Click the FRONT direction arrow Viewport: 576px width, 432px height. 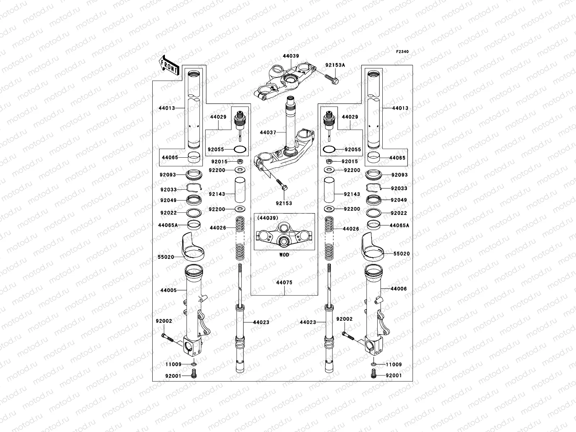tap(170, 65)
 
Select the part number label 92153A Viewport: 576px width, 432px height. tap(335, 65)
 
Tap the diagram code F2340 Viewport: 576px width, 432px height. tap(403, 52)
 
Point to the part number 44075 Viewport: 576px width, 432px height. tap(284, 283)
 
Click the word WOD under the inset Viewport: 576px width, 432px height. tap(284, 255)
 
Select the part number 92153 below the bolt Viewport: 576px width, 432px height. tap(284, 203)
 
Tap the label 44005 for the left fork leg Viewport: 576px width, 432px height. tap(168, 290)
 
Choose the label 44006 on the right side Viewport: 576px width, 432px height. tap(399, 289)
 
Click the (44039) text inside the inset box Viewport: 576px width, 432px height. tap(267, 218)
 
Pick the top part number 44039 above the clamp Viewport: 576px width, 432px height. tap(291, 56)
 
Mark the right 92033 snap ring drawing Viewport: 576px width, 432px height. tap(373, 187)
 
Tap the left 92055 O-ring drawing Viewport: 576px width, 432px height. tap(240, 149)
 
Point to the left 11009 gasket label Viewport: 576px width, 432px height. tap(174, 364)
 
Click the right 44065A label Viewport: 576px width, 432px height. tap(400, 225)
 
